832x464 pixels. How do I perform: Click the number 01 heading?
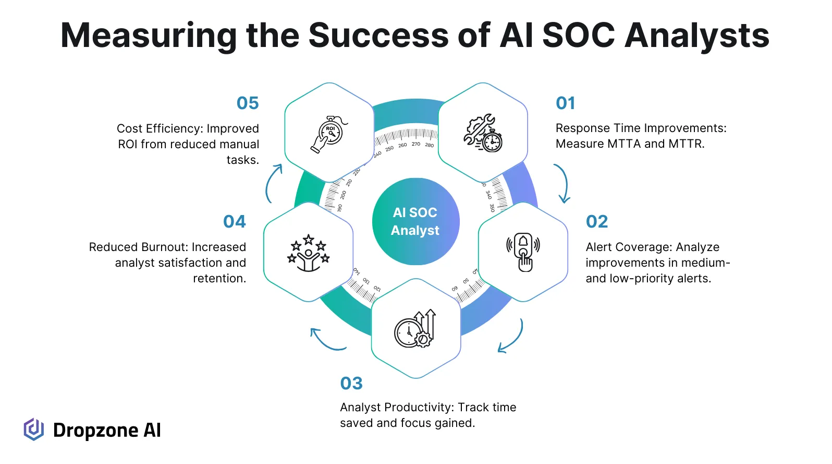tap(565, 103)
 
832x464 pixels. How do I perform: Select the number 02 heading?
tap(597, 222)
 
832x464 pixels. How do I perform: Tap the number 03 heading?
tap(351, 384)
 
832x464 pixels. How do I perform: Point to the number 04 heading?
tap(235, 222)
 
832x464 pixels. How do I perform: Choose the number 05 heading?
tap(248, 103)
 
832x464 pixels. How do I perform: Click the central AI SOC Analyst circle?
tap(415, 222)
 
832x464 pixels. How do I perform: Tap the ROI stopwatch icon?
tap(329, 134)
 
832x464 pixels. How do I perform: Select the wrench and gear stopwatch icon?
tap(483, 133)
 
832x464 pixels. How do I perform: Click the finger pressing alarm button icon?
tap(523, 252)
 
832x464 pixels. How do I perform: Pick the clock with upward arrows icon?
tap(415, 329)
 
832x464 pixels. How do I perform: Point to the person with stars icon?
tap(309, 253)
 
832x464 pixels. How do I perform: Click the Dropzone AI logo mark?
tap(34, 430)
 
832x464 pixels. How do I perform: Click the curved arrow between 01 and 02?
tap(563, 183)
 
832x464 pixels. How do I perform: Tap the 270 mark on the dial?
tap(415, 144)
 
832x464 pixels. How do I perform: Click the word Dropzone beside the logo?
tap(95, 431)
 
